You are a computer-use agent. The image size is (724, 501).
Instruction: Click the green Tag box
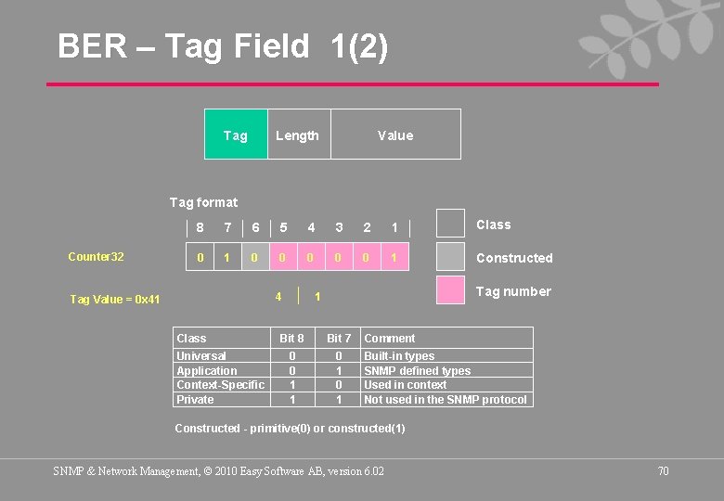pos(236,135)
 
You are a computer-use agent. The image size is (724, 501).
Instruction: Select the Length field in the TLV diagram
pos(297,135)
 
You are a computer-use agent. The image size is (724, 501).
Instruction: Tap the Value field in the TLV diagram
pos(395,135)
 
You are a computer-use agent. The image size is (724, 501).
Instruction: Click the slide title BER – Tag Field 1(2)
pos(223,45)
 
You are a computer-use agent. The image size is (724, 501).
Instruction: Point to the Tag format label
pos(203,202)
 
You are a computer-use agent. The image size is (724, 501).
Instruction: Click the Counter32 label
pos(96,257)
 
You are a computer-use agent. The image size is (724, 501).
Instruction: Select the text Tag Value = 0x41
pos(115,299)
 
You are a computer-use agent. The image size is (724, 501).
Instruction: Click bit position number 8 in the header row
pos(200,227)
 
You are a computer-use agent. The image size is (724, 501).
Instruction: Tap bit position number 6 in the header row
pos(255,227)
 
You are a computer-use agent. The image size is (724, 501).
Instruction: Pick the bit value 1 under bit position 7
pos(227,257)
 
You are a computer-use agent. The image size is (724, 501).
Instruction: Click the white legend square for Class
pos(450,224)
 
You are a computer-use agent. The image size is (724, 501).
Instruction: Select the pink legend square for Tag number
pos(450,290)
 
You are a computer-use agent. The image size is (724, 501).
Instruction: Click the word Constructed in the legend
pos(513,258)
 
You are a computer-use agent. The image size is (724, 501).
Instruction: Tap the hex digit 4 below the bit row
pos(278,296)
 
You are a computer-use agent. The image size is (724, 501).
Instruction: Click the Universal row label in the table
pos(201,355)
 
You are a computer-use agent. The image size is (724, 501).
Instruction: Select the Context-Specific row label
pos(220,384)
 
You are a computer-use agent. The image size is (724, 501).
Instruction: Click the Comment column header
pos(390,339)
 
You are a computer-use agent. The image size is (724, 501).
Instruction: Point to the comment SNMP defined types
pos(417,370)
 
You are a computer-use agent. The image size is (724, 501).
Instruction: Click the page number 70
pos(663,471)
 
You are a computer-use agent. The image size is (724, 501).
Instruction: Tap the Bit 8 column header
pos(291,339)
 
